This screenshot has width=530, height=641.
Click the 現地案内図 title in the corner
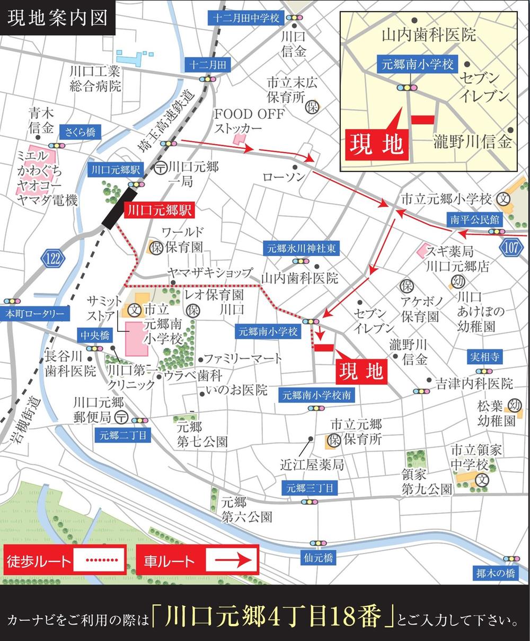coord(57,17)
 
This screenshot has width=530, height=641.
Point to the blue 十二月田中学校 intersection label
coord(246,17)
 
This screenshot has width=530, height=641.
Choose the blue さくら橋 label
coord(80,132)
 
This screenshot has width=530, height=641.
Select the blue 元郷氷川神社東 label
coord(301,248)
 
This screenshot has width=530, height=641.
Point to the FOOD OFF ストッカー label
coord(249,121)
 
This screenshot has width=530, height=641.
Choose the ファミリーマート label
coord(243,359)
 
